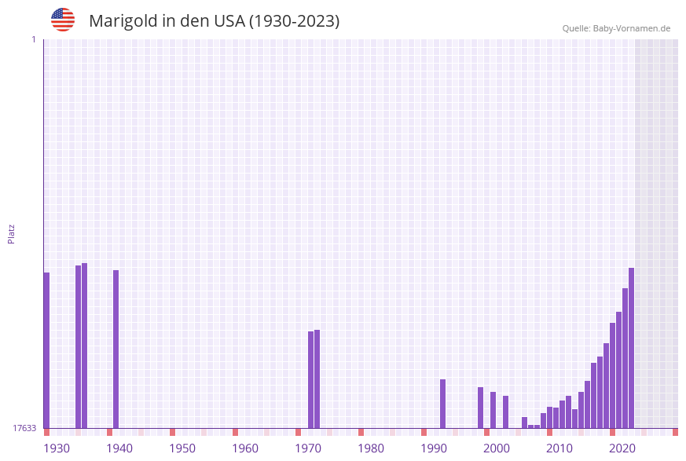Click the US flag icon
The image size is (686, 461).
pos(63,20)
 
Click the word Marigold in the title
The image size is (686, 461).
pos(123,21)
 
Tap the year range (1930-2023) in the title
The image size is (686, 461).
pos(294,21)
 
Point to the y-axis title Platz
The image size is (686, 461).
pos(11,233)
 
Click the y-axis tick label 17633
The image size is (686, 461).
pos(24,428)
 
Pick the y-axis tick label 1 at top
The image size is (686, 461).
pos(33,39)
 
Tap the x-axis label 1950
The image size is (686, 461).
pos(182,448)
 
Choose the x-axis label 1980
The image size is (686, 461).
pos(371,448)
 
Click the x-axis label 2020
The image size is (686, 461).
pos(622,448)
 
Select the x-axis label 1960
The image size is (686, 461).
pos(245,448)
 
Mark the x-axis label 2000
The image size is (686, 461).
pos(497,448)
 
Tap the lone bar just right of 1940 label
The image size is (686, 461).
pos(116,349)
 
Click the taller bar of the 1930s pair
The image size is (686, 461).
pos(84,345)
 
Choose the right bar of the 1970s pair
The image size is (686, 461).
pos(317,379)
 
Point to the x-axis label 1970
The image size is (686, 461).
pos(308,448)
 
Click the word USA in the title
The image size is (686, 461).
pos(228,21)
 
